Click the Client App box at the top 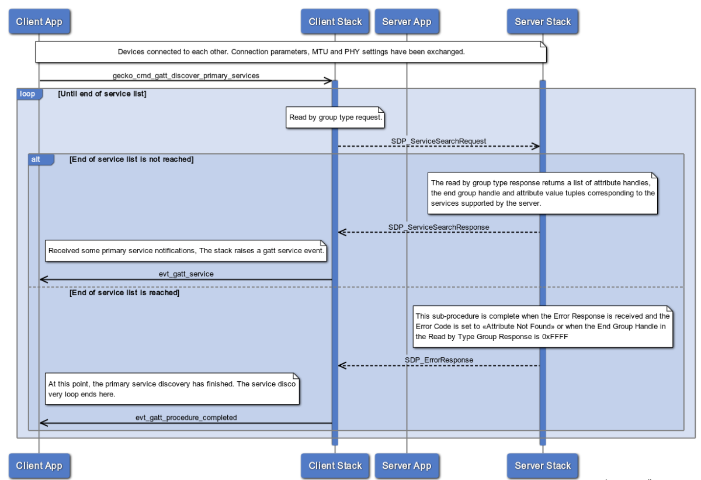[x=39, y=22]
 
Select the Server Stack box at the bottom [x=542, y=465]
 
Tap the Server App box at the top [x=407, y=22]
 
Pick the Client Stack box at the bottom [x=335, y=465]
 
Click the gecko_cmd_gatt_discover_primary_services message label [x=186, y=75]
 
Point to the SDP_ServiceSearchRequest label [x=438, y=141]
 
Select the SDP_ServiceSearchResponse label [x=438, y=227]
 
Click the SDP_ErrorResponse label [x=439, y=360]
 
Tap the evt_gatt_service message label [x=186, y=274]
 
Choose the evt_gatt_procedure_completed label [x=186, y=417]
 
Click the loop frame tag [x=28, y=94]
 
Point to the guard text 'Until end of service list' [x=102, y=94]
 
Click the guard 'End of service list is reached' [x=124, y=293]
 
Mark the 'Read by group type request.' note [x=335, y=117]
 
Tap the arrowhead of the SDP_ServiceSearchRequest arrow [x=535, y=146]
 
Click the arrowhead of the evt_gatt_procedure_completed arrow [x=43, y=423]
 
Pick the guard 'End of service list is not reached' [x=131, y=159]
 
